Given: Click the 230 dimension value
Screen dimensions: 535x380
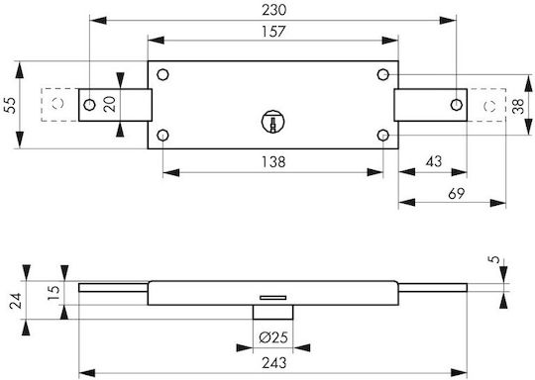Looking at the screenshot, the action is pyautogui.click(x=274, y=10).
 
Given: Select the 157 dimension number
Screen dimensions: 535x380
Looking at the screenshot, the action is pyautogui.click(x=273, y=32).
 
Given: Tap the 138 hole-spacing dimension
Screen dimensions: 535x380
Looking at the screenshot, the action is pyautogui.click(x=273, y=162).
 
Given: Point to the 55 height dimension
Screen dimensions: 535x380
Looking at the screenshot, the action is pyautogui.click(x=10, y=105).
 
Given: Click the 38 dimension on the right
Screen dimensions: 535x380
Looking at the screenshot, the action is pyautogui.click(x=518, y=106).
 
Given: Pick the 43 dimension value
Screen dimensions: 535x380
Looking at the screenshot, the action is pyautogui.click(x=434, y=161).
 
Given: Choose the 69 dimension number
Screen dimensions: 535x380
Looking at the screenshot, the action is pyautogui.click(x=456, y=193).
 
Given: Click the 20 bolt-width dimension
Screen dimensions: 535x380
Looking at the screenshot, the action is pyautogui.click(x=110, y=104).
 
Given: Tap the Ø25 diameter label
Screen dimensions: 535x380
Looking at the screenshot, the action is pyautogui.click(x=273, y=337).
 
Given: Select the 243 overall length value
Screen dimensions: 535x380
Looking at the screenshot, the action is pyautogui.click(x=274, y=363).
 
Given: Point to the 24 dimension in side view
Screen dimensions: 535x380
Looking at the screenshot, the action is pyautogui.click(x=15, y=301).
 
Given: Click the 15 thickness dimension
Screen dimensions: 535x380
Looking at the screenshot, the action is pyautogui.click(x=53, y=293).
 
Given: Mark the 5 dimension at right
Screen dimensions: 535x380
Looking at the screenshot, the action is pyautogui.click(x=493, y=259).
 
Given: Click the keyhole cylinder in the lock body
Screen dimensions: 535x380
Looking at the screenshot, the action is pyautogui.click(x=273, y=122).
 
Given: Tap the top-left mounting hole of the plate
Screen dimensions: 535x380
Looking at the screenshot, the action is pyautogui.click(x=162, y=74).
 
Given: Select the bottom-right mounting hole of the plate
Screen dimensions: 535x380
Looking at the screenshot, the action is pyautogui.click(x=383, y=136).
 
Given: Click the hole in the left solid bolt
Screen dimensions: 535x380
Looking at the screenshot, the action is pyautogui.click(x=89, y=105).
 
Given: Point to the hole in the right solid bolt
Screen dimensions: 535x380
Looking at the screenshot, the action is pyautogui.click(x=456, y=105).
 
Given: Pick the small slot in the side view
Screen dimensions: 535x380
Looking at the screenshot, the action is pyautogui.click(x=273, y=298).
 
